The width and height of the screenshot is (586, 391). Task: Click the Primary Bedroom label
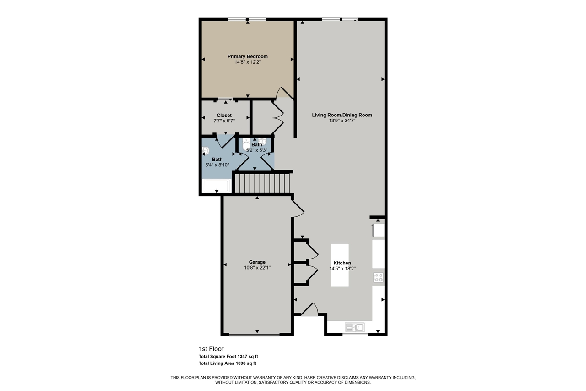coord(247,56)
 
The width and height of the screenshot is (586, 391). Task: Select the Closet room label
coord(224,116)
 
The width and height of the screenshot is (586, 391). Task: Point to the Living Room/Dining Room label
coord(342,115)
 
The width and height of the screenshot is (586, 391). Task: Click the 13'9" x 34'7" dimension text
coord(342,121)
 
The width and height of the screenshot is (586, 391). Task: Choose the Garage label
coord(257,262)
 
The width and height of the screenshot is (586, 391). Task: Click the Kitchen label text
coord(342,263)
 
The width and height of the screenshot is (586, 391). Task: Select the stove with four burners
coord(378,277)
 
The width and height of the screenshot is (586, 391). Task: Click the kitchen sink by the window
coord(354,327)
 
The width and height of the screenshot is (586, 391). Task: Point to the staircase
coord(262,182)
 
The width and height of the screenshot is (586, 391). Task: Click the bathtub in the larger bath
coord(217,186)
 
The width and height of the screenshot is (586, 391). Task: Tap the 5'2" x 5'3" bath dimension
coord(257,150)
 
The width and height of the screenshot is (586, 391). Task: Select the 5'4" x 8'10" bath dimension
coord(217,165)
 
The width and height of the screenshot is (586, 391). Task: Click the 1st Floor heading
coord(211,349)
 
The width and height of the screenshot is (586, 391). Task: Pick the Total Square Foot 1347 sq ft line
coord(231,356)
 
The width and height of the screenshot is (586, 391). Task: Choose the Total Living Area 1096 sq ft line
coord(227,363)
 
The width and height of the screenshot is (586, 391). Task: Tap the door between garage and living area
coord(298,209)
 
